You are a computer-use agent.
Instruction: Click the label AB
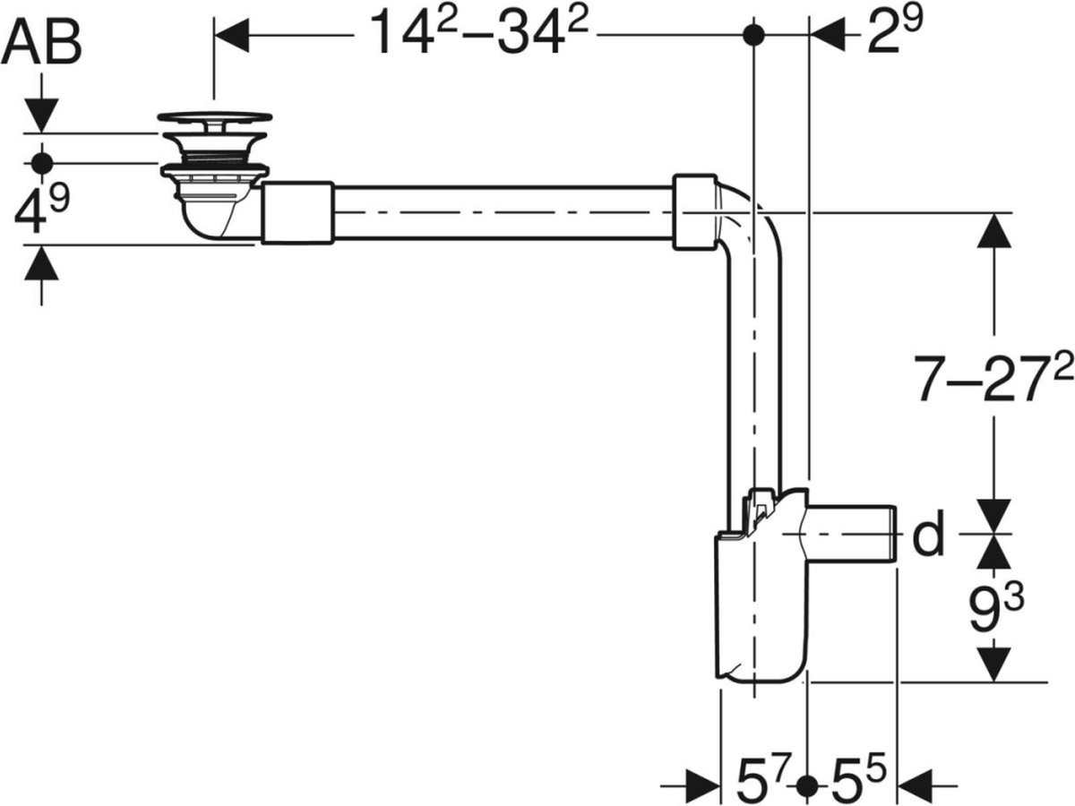coord(42,44)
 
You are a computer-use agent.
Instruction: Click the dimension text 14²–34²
coord(478,34)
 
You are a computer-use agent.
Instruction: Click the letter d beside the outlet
coord(928,536)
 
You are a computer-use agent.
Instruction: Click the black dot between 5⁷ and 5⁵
coord(808,785)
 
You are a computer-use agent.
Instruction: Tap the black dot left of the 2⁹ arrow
coord(754,35)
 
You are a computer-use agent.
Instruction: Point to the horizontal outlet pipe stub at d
coord(856,533)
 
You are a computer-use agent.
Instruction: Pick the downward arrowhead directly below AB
coord(41,115)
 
